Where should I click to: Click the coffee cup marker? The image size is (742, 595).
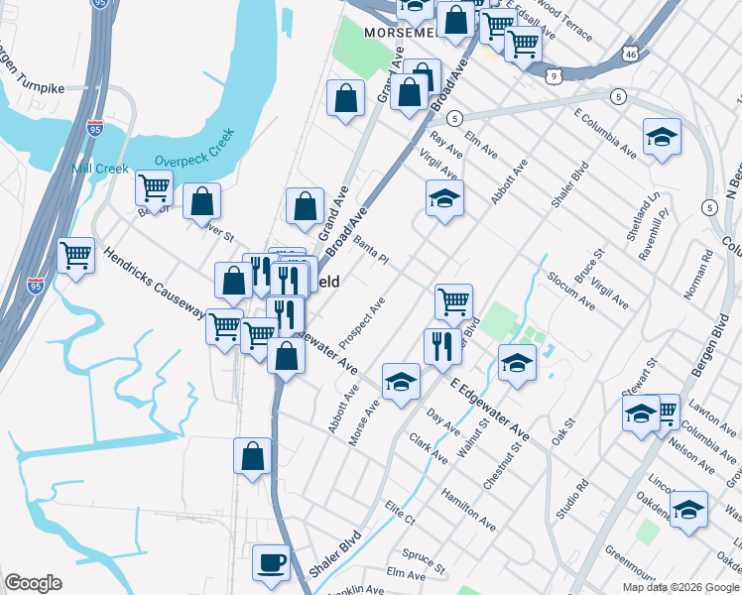(271, 563)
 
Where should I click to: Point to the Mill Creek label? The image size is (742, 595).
(99, 169)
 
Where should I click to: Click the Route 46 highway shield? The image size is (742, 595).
(631, 51)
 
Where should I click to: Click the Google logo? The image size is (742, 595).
(33, 583)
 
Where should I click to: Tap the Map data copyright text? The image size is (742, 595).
(680, 587)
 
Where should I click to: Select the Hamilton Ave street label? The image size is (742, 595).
(468, 509)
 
